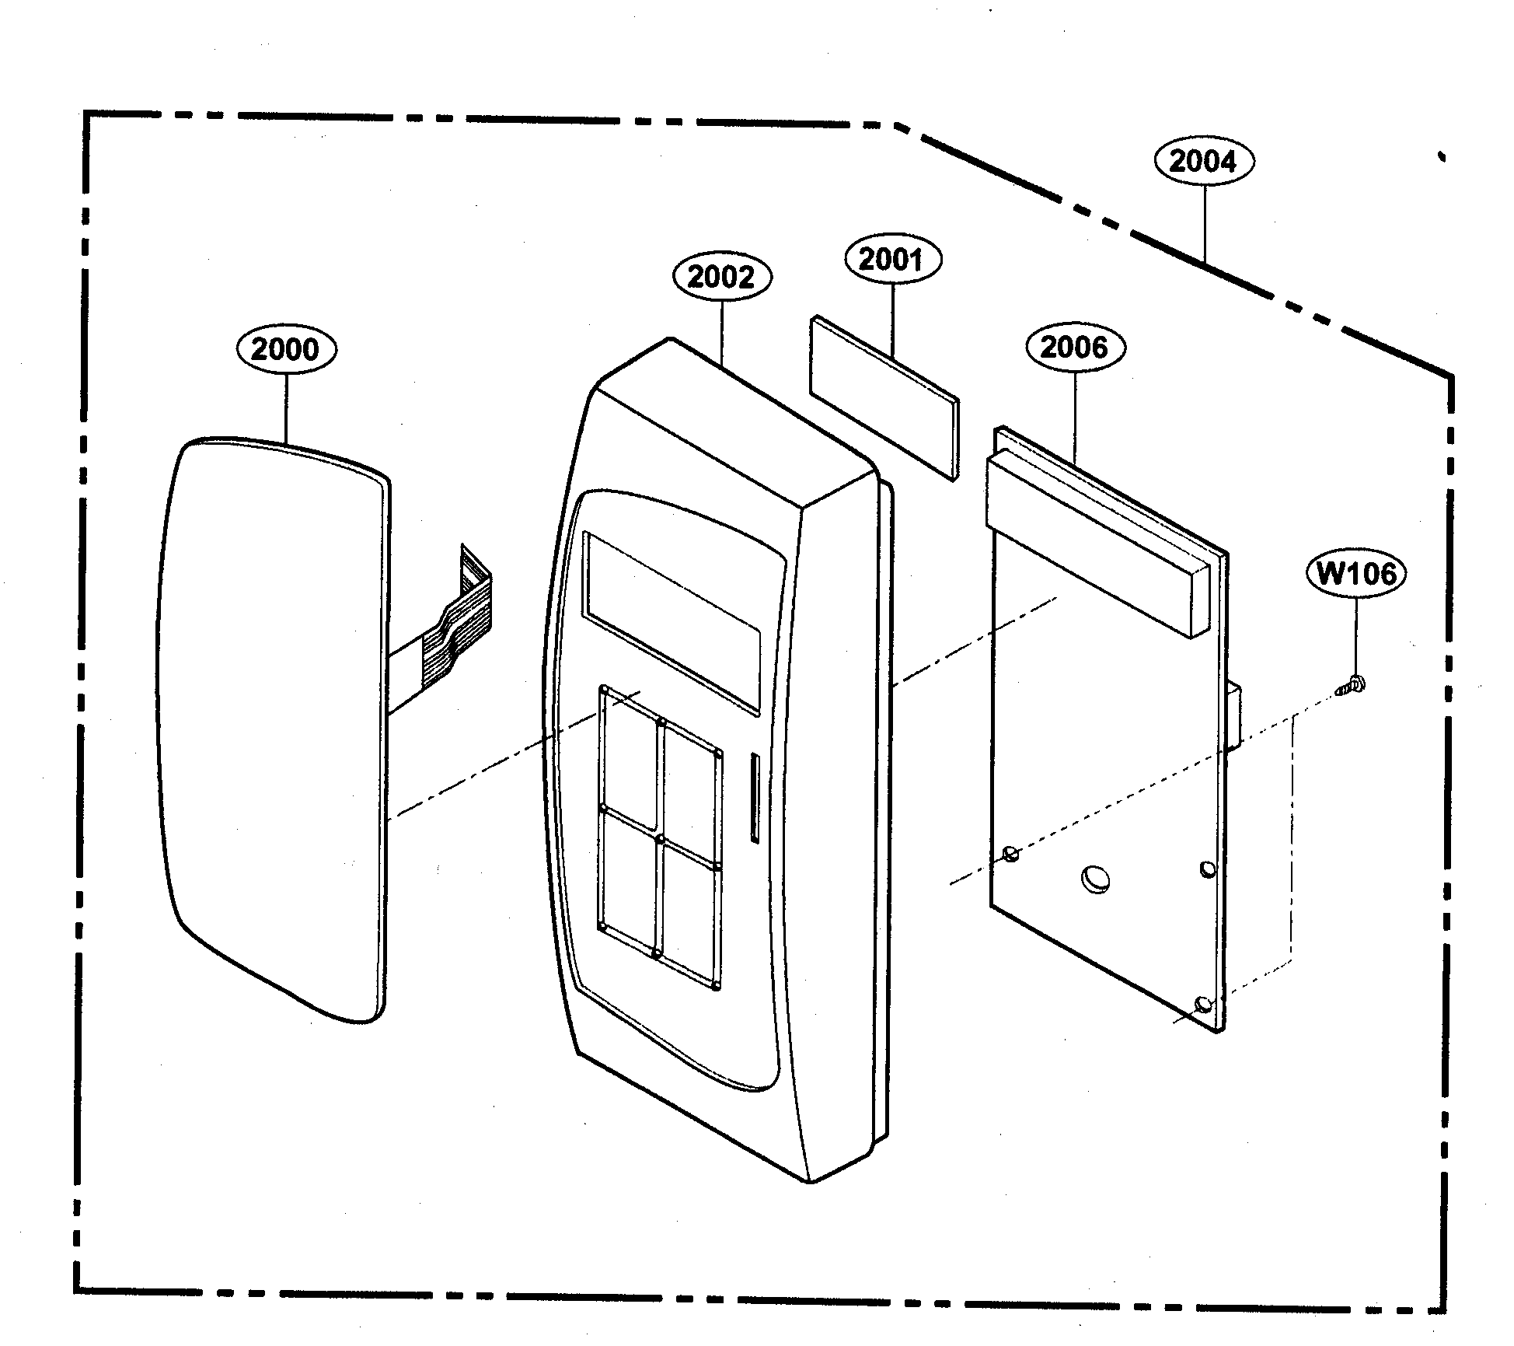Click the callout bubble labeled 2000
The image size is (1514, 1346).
point(286,349)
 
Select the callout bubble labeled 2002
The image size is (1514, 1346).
point(721,277)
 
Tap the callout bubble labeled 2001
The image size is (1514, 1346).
point(892,259)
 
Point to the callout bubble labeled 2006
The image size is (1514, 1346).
point(1074,347)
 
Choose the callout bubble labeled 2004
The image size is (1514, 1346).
point(1203,162)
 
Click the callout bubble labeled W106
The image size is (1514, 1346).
point(1356,574)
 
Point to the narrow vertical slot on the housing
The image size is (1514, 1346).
point(753,795)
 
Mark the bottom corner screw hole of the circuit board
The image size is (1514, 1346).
point(1202,1004)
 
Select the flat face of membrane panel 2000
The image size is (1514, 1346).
point(272,723)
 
